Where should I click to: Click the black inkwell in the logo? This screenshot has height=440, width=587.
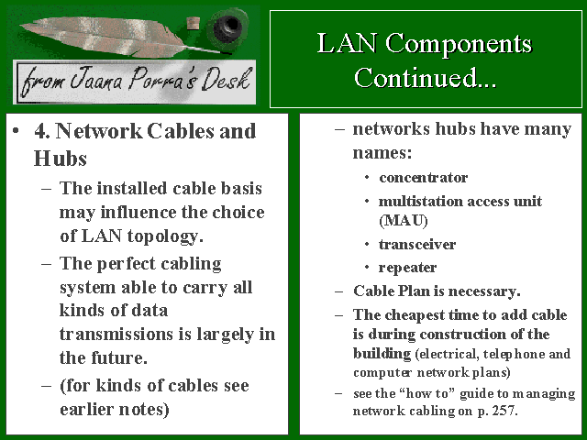tap(227, 27)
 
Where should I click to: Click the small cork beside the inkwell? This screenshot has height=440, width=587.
tap(193, 24)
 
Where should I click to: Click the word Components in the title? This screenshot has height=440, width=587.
tap(459, 43)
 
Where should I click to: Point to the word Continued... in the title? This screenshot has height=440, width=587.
tap(426, 78)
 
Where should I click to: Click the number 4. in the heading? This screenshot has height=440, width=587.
tap(42, 131)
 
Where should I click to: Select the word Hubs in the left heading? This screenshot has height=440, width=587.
tap(61, 159)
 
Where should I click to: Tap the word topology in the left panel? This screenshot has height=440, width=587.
tap(165, 236)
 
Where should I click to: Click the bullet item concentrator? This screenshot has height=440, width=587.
tap(423, 177)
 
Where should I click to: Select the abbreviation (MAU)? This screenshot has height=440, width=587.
tap(404, 220)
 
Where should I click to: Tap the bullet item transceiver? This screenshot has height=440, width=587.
tap(417, 245)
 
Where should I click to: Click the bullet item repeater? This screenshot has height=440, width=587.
tap(407, 268)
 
